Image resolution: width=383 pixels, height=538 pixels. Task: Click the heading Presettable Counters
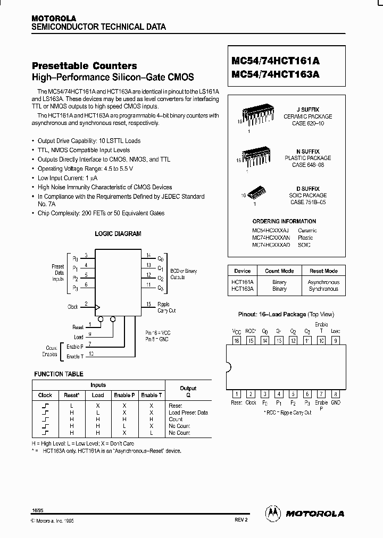pos(85,66)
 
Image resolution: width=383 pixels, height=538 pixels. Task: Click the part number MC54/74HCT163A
pos(276,75)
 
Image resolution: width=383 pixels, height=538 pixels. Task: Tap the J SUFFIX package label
pos(307,109)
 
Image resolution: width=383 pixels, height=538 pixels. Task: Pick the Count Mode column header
pos(279,271)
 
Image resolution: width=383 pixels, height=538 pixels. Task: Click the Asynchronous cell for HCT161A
pos(323,282)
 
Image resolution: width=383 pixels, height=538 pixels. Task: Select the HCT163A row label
pos(243,289)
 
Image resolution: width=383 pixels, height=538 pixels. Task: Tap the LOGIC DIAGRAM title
pos(118,233)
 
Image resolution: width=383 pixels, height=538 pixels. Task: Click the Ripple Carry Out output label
pos(166,307)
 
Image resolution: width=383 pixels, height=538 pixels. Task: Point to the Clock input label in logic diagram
pos(73,307)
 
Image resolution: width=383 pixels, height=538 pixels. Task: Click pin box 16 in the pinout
pos(237,341)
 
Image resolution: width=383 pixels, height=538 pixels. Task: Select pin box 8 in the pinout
pos(335,394)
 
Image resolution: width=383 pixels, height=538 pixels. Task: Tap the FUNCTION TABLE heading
pos(59,374)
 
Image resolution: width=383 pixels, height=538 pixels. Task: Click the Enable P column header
pos(124,395)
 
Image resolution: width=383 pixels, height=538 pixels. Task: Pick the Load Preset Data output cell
pos(188,413)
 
